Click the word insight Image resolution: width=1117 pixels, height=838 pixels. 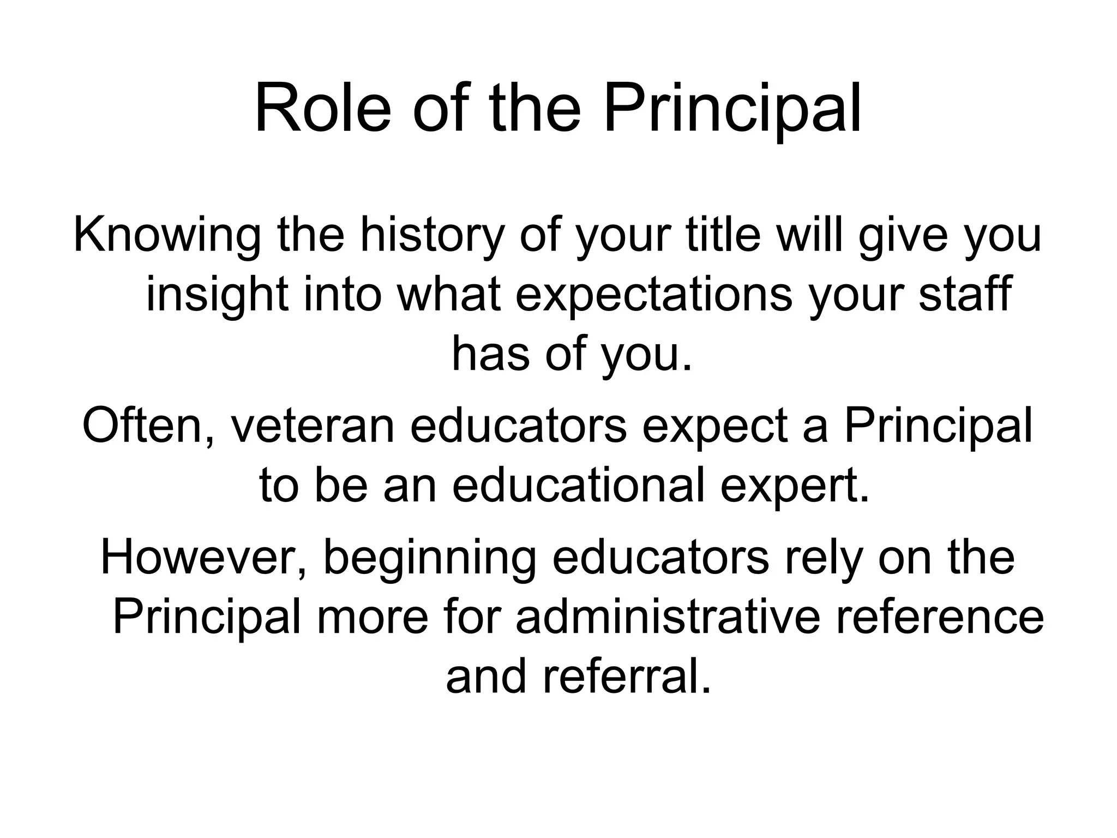(217, 295)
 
